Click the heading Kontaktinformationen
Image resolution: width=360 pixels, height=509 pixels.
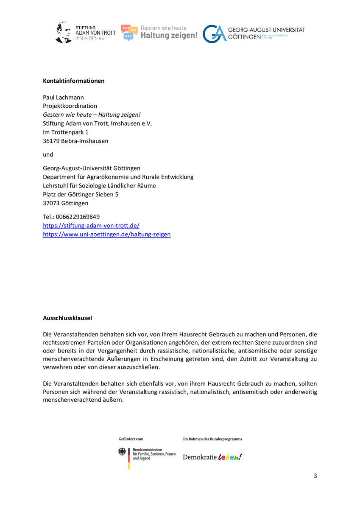pos(73,81)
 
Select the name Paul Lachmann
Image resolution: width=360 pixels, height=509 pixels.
pos(63,97)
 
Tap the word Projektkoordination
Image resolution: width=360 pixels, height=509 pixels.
pos(70,106)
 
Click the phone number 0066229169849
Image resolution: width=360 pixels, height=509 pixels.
pos(78,217)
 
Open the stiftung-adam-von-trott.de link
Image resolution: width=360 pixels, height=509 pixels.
pos(91,226)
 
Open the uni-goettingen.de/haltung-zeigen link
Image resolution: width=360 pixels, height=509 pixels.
pos(107,234)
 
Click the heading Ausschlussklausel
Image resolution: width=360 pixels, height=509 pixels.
pos(68,317)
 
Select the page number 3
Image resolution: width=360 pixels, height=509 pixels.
pos(315,475)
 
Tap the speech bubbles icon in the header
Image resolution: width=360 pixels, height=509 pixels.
pos(129,32)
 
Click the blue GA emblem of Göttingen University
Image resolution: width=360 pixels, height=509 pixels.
pos(214,34)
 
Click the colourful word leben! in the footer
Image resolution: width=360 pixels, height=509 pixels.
pos(230,457)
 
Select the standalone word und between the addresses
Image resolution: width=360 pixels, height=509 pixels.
pos(48,155)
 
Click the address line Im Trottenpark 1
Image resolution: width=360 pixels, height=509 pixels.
pos(66,132)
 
